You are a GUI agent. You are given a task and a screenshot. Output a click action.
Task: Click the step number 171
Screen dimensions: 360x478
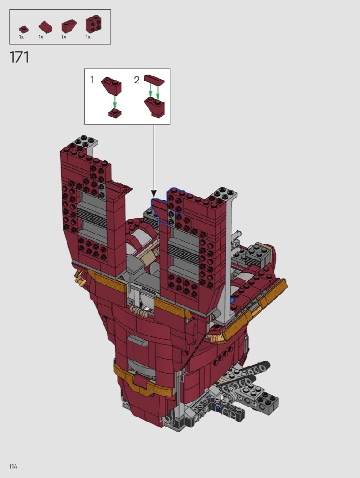[x=19, y=57]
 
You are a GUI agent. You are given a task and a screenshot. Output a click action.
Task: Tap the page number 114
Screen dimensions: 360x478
[x=13, y=467]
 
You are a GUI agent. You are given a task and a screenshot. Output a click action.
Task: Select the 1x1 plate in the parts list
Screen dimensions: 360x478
[x=24, y=29]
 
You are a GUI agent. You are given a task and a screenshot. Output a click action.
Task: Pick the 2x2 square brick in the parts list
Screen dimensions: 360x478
[x=94, y=24]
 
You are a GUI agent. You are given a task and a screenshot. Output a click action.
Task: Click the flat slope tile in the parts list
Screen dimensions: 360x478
[x=46, y=27]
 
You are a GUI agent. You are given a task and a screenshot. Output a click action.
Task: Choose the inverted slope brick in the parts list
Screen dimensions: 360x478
[x=69, y=26]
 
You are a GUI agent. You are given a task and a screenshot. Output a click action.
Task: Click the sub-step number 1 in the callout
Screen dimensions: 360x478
[x=92, y=80]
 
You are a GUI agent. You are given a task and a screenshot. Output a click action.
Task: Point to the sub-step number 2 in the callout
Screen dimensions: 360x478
[x=137, y=80]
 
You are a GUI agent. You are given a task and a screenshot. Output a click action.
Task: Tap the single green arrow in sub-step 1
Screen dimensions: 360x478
[x=115, y=102]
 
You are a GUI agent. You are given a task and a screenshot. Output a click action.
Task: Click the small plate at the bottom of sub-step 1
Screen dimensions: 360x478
[x=115, y=113]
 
